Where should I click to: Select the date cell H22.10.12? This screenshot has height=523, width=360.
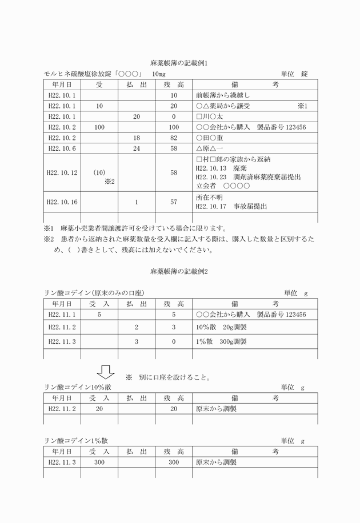63,172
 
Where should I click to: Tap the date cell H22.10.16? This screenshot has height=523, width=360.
63,202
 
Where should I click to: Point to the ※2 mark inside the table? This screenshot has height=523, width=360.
110,182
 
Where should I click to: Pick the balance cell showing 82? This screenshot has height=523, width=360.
174,138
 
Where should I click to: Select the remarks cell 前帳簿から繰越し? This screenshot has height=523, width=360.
222,95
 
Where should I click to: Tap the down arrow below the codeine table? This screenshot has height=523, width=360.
106,372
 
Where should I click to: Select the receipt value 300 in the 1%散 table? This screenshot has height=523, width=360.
99,462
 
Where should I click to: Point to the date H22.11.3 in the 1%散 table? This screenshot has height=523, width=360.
63,462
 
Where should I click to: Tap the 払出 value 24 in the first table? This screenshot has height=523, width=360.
136,148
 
